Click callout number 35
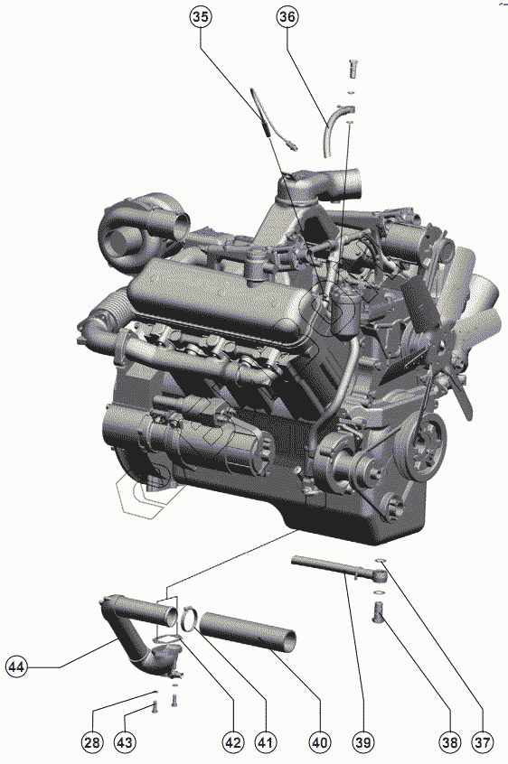pyautogui.click(x=200, y=17)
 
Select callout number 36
pyautogui.click(x=287, y=17)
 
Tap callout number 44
pyautogui.click(x=17, y=666)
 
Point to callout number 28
pyautogui.click(x=92, y=742)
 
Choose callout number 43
pyautogui.click(x=125, y=742)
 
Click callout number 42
pyautogui.click(x=232, y=742)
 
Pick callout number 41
pyautogui.click(x=264, y=742)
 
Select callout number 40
pyautogui.click(x=319, y=742)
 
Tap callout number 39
pyautogui.click(x=363, y=742)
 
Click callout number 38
pyautogui.click(x=449, y=742)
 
